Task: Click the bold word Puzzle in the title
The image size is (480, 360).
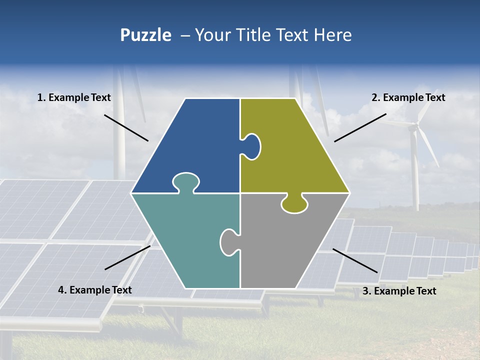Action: (145, 35)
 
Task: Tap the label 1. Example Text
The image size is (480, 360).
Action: (74, 98)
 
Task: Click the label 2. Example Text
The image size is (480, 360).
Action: (408, 98)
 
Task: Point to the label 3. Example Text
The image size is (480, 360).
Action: (399, 291)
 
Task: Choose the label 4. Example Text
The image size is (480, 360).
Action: (95, 290)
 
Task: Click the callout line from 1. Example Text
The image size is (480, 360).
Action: (126, 127)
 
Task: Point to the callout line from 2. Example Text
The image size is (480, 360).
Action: (360, 127)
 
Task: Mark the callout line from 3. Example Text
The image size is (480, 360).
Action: (355, 260)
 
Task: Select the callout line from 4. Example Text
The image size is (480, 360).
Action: (127, 257)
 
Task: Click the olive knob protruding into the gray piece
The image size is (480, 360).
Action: (294, 203)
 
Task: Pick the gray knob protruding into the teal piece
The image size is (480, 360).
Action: (228, 241)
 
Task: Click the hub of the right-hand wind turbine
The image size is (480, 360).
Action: (413, 128)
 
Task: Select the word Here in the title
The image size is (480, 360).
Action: (332, 35)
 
